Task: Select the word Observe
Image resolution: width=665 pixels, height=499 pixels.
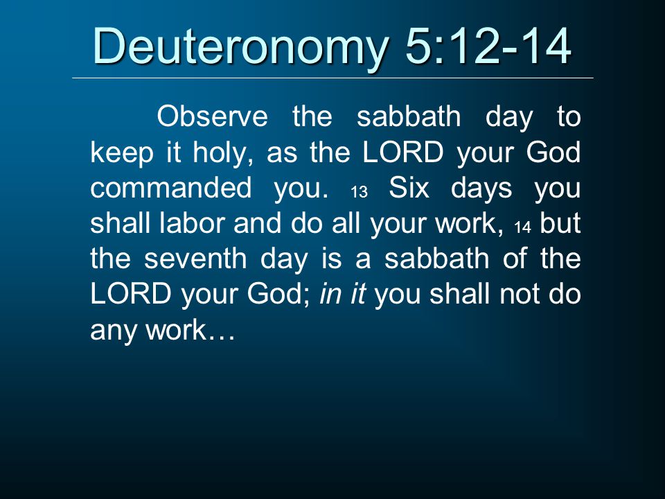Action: point(213,116)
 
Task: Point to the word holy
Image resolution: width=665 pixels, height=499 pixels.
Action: point(220,152)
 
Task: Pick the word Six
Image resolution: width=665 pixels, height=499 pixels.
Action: point(408,189)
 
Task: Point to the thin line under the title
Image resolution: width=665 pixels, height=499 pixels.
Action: point(332,78)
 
